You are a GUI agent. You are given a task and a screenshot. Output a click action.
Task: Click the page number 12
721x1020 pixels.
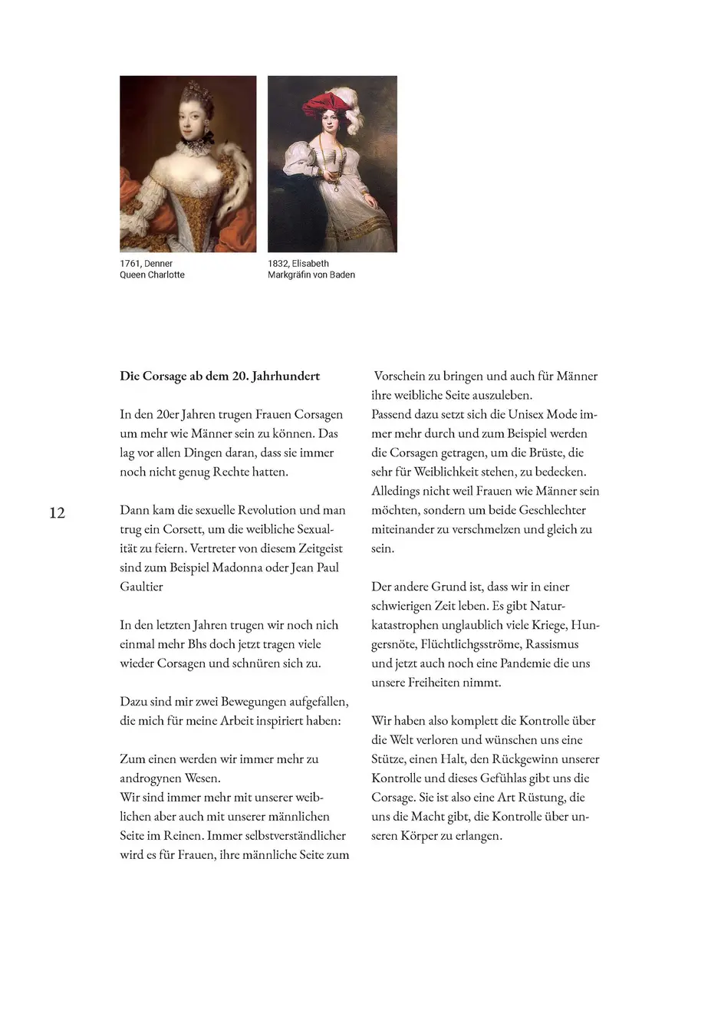58,512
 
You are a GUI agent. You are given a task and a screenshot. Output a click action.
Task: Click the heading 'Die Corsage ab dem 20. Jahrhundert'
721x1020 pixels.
219,376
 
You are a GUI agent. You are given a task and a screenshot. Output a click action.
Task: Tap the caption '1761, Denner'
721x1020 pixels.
147,263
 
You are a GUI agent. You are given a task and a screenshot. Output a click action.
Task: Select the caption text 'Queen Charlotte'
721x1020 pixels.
152,275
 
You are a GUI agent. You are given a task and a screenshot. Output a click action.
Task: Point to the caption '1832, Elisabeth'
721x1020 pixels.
298,263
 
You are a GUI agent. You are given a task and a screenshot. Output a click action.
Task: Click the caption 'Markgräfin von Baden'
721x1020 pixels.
311,275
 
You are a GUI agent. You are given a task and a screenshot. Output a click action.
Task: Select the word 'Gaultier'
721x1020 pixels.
141,587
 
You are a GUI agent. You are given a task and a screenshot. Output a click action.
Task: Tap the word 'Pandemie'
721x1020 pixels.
532,663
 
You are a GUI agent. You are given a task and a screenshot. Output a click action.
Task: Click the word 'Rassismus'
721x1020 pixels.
551,644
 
